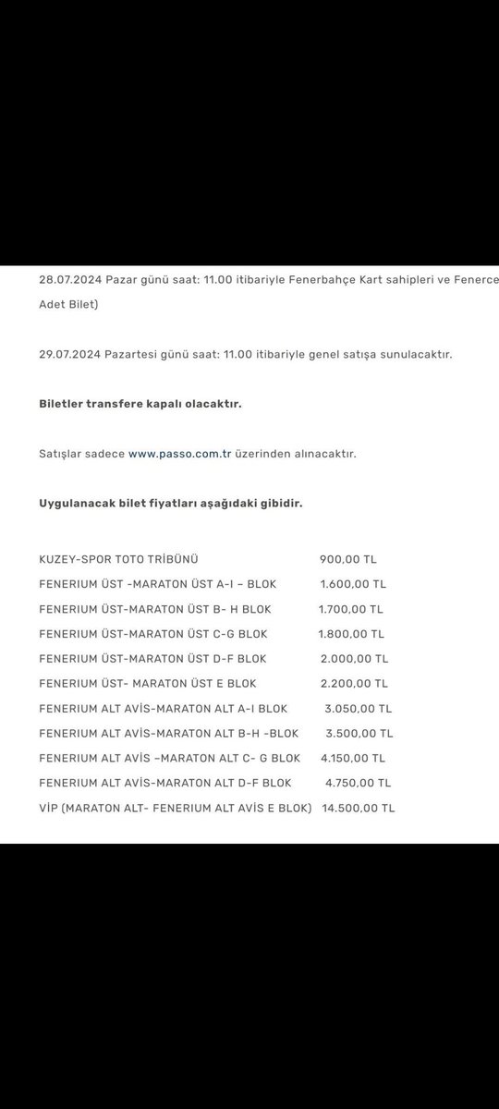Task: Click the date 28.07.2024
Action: pyautogui.click(x=70, y=278)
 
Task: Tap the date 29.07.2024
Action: pyautogui.click(x=70, y=354)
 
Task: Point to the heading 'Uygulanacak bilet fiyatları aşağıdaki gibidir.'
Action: pyautogui.click(x=170, y=504)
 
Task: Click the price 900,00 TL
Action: pyautogui.click(x=348, y=559)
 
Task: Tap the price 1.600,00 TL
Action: pyautogui.click(x=353, y=584)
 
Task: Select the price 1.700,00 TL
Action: pyautogui.click(x=350, y=609)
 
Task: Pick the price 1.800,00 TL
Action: pyautogui.click(x=351, y=634)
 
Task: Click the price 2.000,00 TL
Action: pyautogui.click(x=353, y=659)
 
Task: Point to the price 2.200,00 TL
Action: pyautogui.click(x=353, y=684)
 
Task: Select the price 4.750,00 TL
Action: pyautogui.click(x=358, y=783)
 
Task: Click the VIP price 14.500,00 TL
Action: pyautogui.click(x=358, y=808)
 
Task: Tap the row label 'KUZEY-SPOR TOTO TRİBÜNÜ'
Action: pyautogui.click(x=118, y=559)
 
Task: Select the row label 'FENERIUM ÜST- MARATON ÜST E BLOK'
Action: pyautogui.click(x=148, y=684)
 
